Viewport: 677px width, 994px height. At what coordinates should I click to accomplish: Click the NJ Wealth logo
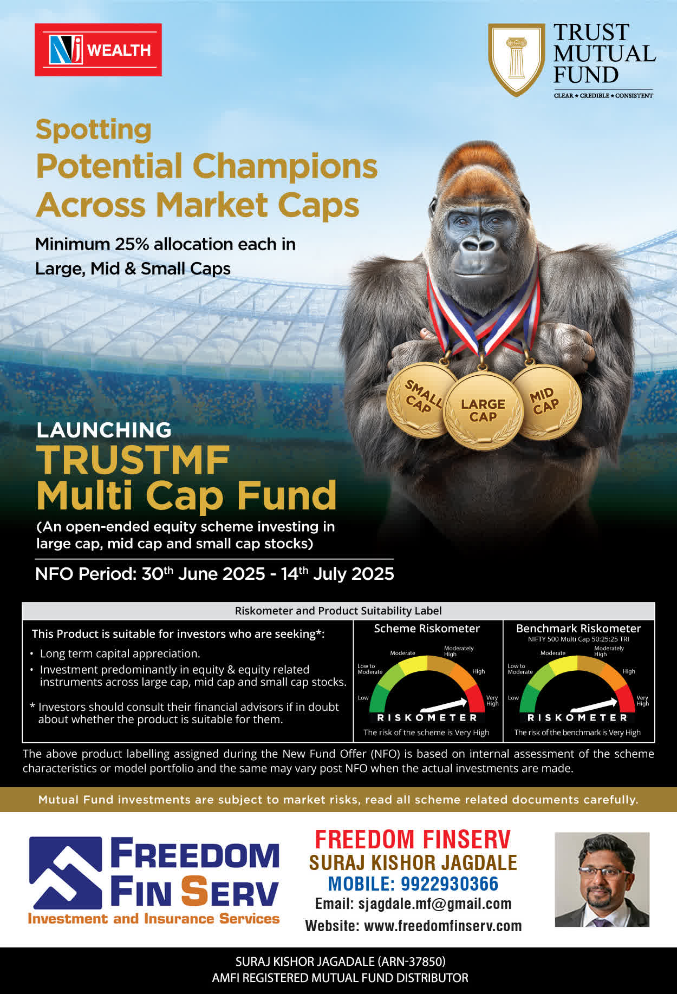(x=98, y=50)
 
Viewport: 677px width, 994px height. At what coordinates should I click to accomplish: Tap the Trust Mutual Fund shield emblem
(x=517, y=60)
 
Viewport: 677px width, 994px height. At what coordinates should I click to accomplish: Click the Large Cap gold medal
(x=483, y=410)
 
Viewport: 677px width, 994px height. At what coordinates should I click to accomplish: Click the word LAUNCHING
(x=103, y=430)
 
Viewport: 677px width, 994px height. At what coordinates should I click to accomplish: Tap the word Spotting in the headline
(x=93, y=130)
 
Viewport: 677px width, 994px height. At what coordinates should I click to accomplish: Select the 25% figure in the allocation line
(x=132, y=244)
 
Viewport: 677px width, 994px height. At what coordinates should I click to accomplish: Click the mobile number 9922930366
(x=449, y=884)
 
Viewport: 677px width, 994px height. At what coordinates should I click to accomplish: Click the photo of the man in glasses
(x=602, y=879)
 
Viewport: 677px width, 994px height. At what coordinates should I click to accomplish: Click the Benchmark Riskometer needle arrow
(x=594, y=705)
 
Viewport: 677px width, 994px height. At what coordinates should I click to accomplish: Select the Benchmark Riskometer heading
(x=578, y=629)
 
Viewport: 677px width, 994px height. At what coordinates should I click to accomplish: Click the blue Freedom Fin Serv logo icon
(x=66, y=873)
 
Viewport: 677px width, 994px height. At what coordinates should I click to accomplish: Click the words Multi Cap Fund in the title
(x=186, y=496)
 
